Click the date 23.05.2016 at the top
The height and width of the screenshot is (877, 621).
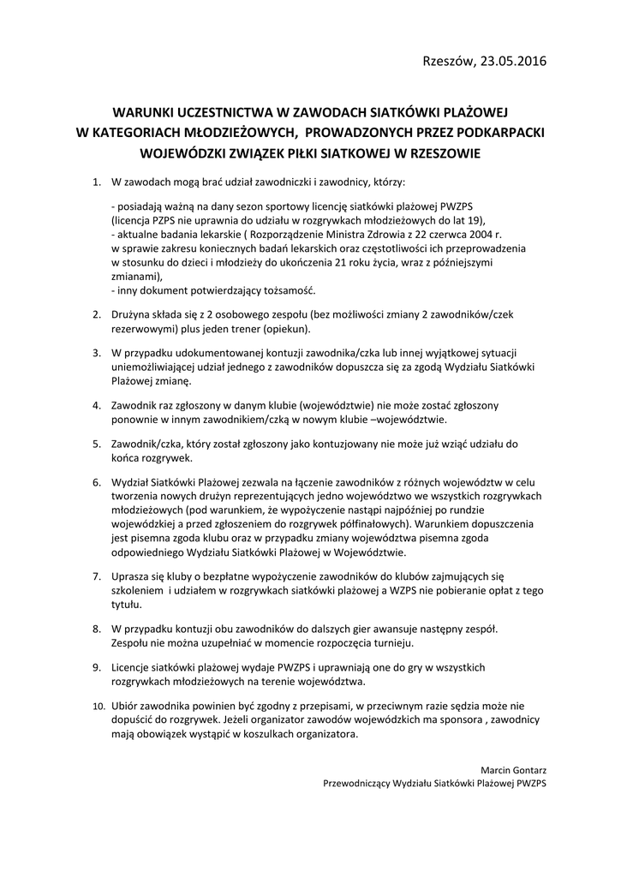[x=512, y=61]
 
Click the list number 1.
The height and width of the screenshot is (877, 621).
[x=95, y=182]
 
